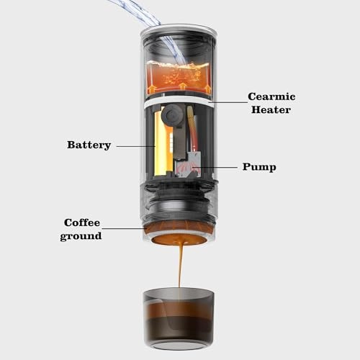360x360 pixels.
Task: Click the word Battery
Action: (x=89, y=145)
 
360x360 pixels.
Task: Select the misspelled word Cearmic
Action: (x=271, y=96)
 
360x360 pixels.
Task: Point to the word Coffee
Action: (x=82, y=222)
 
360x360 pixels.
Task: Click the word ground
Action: (x=81, y=235)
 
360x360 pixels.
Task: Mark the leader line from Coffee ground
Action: (x=127, y=229)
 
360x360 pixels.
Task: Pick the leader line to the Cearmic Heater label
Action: (x=229, y=103)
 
